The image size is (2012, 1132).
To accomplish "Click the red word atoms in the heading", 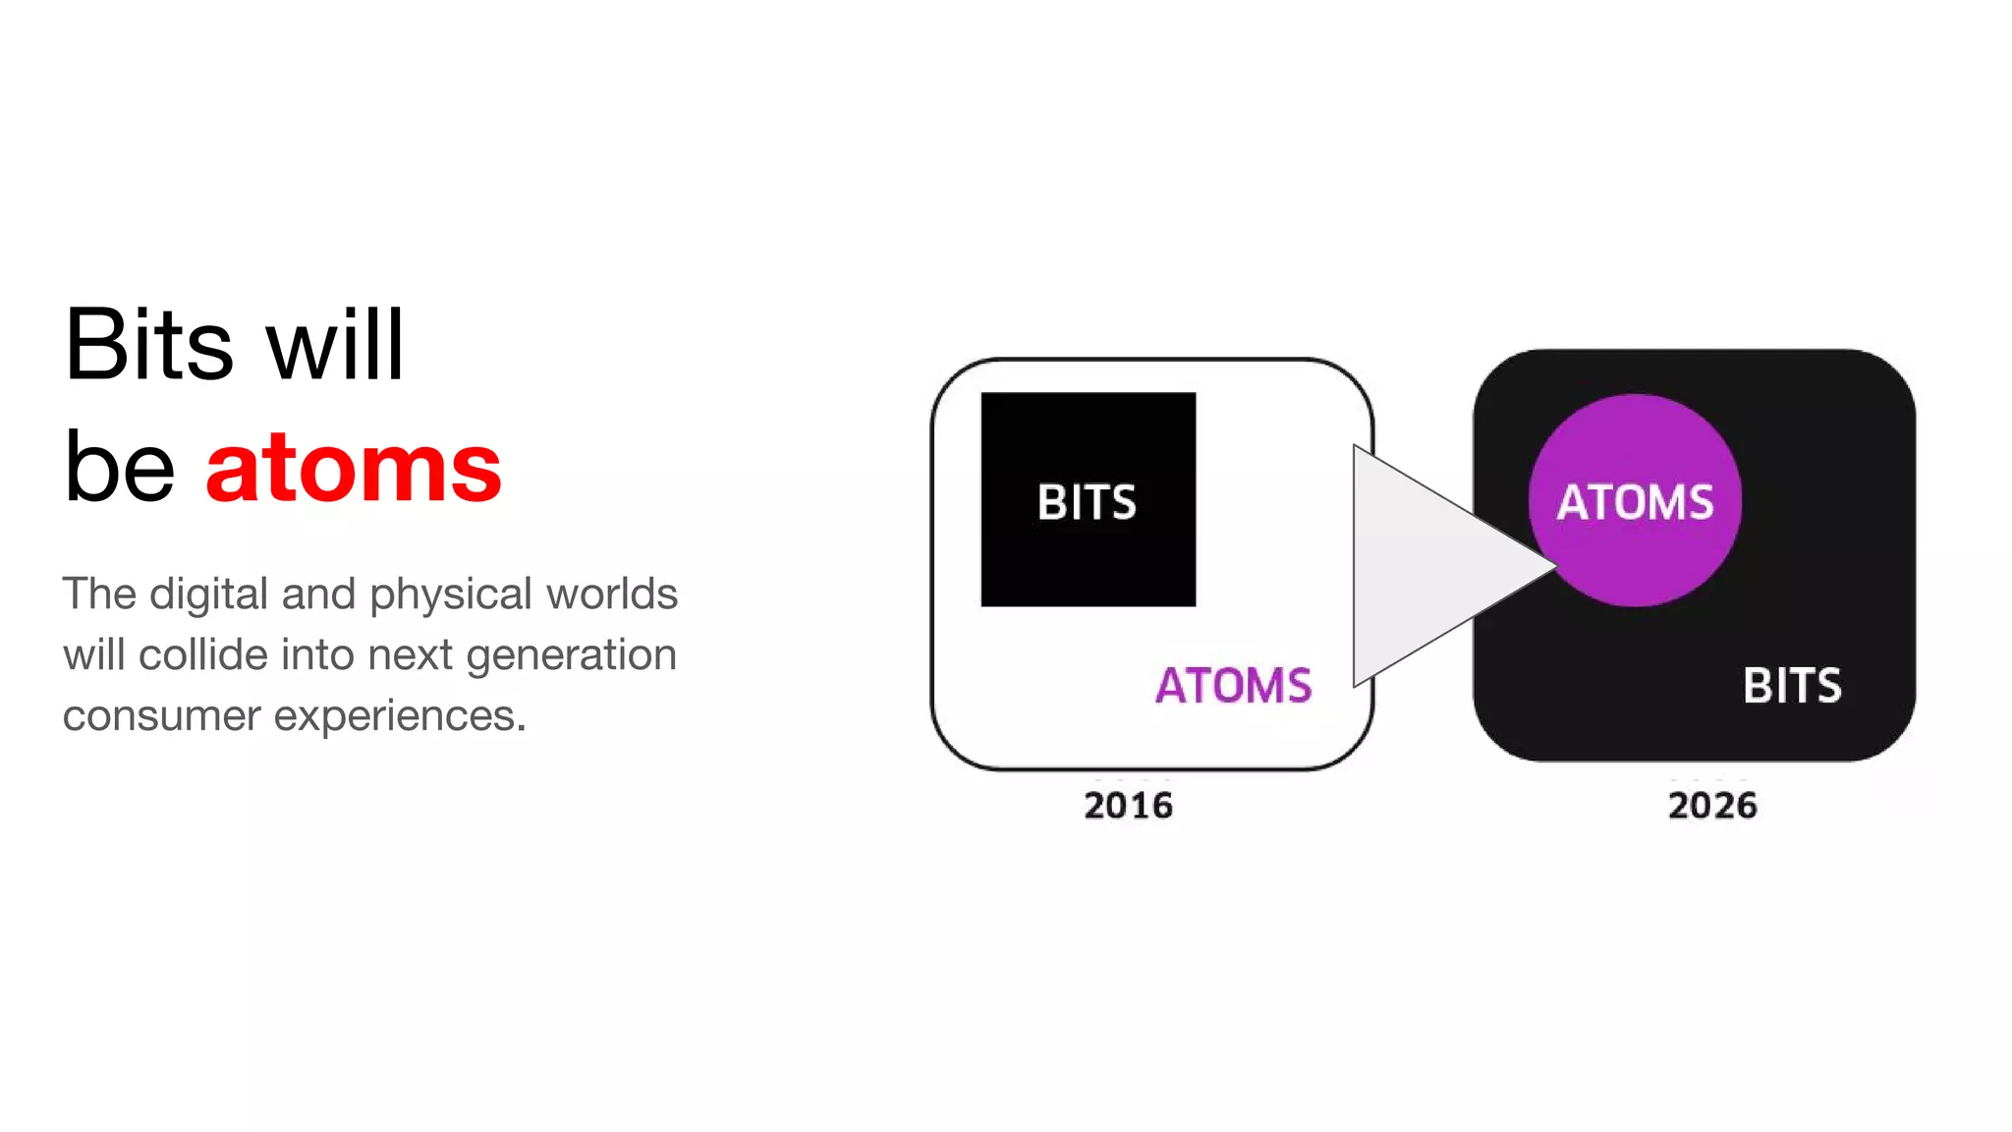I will click(x=354, y=468).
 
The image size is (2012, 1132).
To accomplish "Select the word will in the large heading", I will click(x=336, y=345).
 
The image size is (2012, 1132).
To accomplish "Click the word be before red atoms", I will click(x=119, y=468).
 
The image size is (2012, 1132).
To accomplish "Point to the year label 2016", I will click(x=1128, y=806).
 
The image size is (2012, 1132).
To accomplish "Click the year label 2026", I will click(x=1712, y=806).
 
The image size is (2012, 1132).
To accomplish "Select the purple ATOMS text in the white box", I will click(x=1233, y=686).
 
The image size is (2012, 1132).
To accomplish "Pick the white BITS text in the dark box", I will click(x=1792, y=686).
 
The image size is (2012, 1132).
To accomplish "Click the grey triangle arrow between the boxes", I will click(x=1425, y=565).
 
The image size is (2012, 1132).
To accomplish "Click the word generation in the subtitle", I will click(x=571, y=656).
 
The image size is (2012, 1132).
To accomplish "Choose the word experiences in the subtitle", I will click(x=399, y=717).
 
